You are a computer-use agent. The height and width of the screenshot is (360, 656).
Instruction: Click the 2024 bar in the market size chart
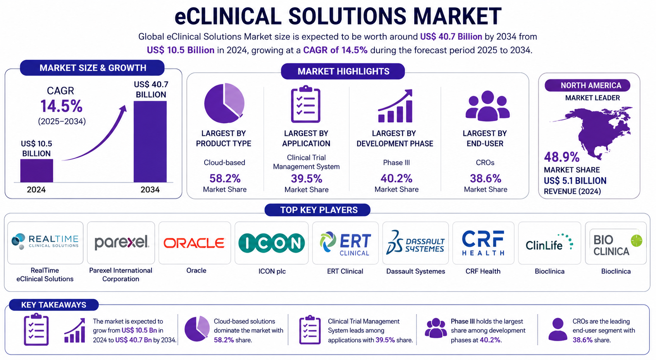[x=36, y=171]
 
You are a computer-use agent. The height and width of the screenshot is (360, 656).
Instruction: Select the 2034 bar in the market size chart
[x=150, y=142]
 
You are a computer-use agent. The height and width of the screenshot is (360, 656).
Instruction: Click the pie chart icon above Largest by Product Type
[x=224, y=103]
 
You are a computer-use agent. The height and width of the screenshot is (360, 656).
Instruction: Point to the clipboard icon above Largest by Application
[x=306, y=104]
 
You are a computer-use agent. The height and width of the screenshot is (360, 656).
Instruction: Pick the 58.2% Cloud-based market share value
[x=225, y=178]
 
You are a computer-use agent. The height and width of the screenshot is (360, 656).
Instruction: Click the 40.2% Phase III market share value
[x=396, y=178]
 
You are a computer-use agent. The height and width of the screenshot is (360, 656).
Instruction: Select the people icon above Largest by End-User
[x=487, y=106]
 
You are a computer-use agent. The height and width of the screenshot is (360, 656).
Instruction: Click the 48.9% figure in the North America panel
[x=562, y=157]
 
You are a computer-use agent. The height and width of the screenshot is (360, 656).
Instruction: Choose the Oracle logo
[x=194, y=243]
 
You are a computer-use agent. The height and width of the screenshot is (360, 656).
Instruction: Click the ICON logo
[x=272, y=243]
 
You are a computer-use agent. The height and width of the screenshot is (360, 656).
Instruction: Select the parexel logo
[x=122, y=243]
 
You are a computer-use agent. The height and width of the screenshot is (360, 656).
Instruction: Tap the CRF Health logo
[x=483, y=243]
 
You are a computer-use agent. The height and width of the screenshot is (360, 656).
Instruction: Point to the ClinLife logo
[x=549, y=243]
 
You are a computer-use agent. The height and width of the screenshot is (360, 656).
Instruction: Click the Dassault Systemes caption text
[x=415, y=271]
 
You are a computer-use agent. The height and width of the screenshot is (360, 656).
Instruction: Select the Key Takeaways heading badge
[x=54, y=305]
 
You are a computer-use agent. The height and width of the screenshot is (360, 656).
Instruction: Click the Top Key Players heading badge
[x=317, y=210]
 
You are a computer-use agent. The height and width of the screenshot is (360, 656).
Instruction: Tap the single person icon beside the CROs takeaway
[x=558, y=330]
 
